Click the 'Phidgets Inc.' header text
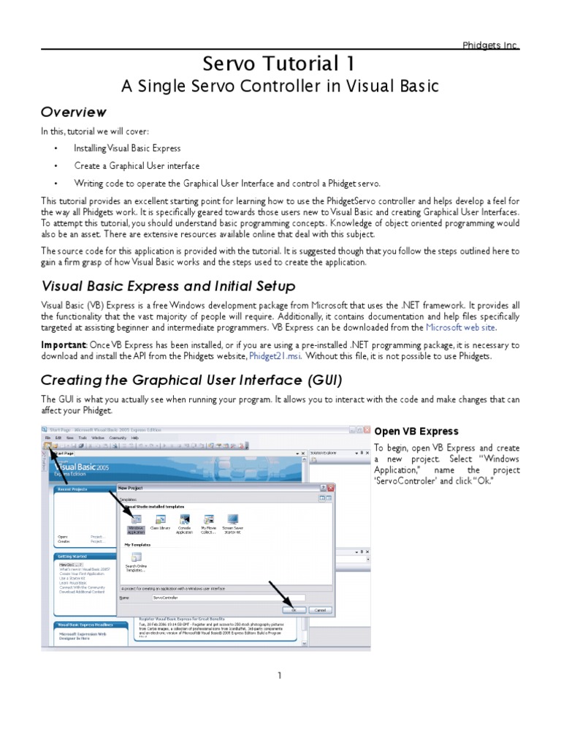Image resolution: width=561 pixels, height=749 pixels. click(491, 45)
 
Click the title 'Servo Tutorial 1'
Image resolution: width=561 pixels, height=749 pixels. click(280, 64)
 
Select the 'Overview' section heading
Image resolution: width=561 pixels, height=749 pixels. click(73, 112)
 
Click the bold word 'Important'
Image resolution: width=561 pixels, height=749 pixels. click(64, 345)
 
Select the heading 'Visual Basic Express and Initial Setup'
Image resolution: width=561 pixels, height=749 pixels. click(168, 286)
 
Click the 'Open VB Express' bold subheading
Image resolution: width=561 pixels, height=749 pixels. click(416, 431)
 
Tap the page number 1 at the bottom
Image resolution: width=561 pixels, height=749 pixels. click(279, 675)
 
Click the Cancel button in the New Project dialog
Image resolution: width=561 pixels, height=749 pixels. click(319, 609)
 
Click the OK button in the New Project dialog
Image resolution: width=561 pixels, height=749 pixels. click(294, 609)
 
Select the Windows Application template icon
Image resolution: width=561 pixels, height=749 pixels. click(136, 520)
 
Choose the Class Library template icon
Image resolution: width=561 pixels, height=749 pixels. click(159, 520)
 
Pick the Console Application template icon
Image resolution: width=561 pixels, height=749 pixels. click(184, 520)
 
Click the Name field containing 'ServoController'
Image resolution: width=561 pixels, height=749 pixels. click(219, 597)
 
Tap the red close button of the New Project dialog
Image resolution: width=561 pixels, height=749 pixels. click(331, 488)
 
